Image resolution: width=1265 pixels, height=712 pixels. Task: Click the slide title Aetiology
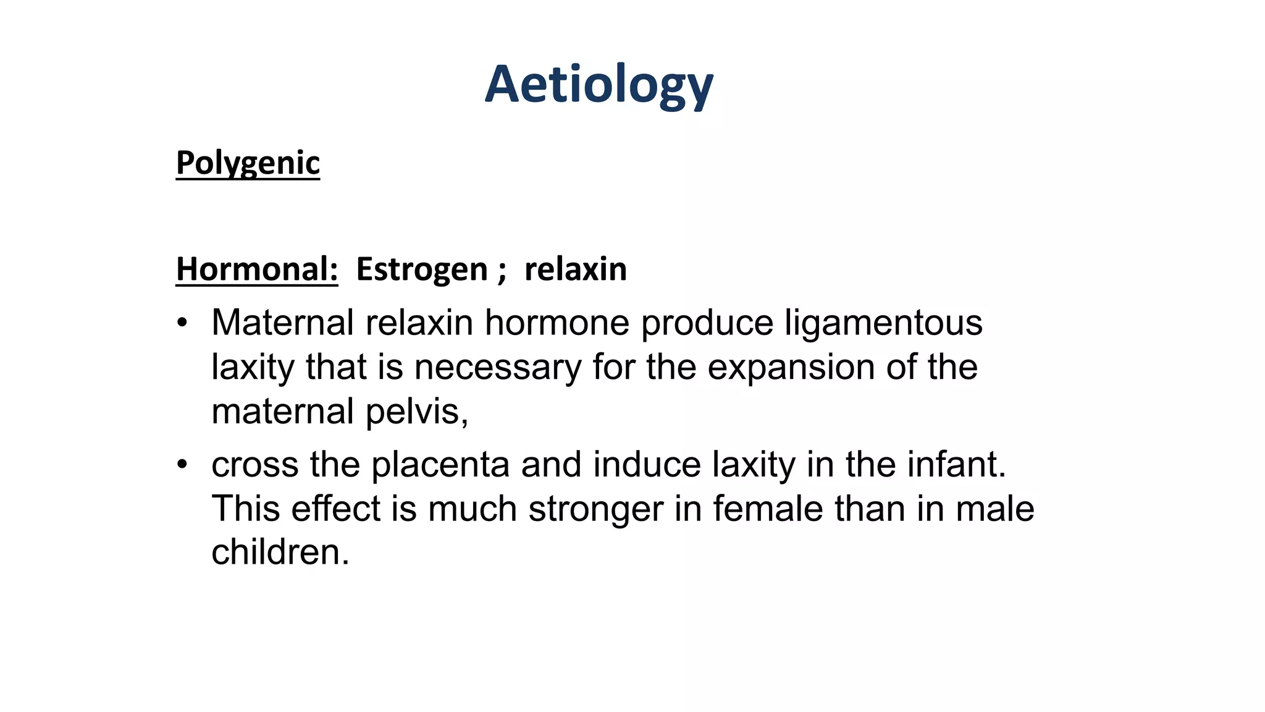[599, 85]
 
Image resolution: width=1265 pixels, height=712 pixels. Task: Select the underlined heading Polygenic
[248, 163]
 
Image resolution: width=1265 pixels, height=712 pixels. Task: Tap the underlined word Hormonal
[257, 269]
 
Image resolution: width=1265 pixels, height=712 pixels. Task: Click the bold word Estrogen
[422, 269]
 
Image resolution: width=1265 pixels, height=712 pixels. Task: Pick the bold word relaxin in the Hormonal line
[575, 269]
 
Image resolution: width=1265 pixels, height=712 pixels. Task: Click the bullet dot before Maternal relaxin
[182, 323]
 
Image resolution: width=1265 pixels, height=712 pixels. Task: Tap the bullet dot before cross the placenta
[182, 465]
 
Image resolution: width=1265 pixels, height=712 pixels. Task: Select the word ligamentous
[883, 323]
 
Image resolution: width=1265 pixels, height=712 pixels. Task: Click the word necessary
[497, 368]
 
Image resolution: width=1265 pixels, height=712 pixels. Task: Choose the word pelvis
[416, 412]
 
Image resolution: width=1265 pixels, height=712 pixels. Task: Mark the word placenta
[440, 465]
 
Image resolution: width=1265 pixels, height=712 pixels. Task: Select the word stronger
[595, 509]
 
